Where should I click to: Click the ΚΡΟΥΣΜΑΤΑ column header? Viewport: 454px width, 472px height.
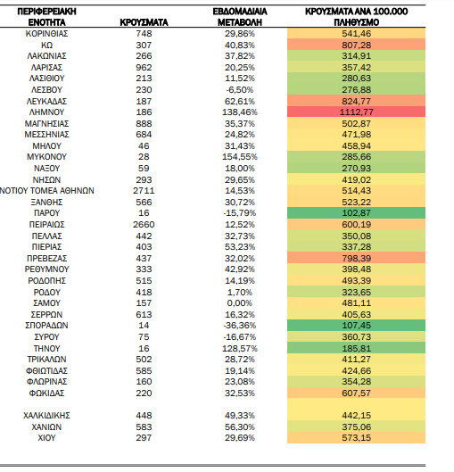(144, 22)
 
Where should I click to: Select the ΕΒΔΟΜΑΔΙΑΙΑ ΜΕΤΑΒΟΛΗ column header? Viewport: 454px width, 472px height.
(240, 17)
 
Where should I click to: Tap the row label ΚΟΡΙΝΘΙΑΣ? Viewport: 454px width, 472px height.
(46, 33)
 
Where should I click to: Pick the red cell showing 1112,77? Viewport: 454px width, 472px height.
(356, 112)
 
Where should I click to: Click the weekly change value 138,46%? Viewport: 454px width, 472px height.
(240, 112)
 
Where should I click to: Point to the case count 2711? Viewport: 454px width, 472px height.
(144, 191)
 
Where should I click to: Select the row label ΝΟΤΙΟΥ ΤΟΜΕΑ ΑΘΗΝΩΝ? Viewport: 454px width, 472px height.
(47, 191)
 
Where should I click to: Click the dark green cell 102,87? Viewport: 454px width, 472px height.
(356, 213)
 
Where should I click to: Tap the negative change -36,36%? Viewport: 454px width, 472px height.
(239, 326)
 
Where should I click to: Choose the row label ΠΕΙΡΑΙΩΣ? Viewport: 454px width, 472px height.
(46, 225)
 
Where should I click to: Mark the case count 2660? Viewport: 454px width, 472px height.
(144, 225)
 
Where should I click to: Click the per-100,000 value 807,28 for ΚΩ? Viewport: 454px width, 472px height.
(356, 45)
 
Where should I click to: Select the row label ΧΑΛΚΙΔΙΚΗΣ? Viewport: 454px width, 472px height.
(46, 416)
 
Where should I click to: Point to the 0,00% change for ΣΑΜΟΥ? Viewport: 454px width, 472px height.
(239, 302)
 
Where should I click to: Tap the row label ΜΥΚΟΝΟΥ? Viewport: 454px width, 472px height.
(46, 157)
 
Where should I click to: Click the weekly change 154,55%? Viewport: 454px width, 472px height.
(240, 157)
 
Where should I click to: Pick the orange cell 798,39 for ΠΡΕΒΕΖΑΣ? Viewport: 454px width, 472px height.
(356, 258)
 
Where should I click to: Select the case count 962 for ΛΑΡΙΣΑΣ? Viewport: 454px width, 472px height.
(144, 67)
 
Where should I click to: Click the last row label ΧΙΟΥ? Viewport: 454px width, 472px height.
(46, 438)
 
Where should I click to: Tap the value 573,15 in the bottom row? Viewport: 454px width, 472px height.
(356, 438)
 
